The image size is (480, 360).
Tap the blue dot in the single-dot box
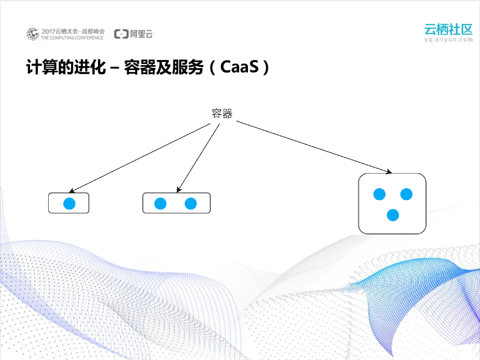tap(69, 203)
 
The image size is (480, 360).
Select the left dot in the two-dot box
tap(160, 203)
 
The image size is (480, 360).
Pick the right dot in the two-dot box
tap(190, 203)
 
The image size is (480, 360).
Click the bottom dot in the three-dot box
tap(393, 215)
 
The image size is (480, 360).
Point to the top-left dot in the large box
tap(379, 194)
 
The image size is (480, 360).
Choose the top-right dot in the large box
tap(406, 194)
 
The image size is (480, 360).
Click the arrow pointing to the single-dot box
tap(141, 157)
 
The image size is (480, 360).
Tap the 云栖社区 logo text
tap(448, 29)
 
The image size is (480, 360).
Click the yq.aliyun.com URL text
tap(448, 40)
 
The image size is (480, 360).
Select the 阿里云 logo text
tap(141, 34)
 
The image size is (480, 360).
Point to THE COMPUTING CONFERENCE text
tap(72, 37)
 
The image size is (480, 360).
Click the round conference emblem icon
tap(32, 34)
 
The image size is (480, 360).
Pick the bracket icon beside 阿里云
tap(121, 34)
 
